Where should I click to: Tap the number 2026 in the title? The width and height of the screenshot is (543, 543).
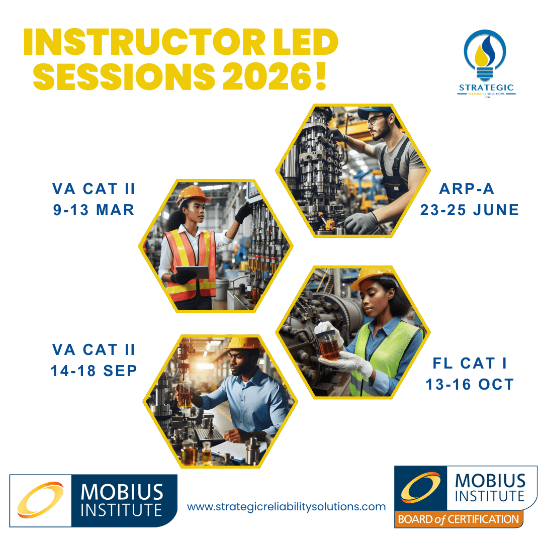(x=267, y=76)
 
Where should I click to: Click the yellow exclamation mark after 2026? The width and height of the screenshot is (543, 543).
(x=321, y=76)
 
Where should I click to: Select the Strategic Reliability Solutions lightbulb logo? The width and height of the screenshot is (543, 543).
(x=486, y=64)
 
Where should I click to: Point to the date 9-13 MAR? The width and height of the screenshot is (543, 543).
(x=94, y=210)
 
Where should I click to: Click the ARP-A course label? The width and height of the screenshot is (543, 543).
(x=467, y=189)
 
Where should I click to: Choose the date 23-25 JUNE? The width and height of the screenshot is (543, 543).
(x=469, y=210)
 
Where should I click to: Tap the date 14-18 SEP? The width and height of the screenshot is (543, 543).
(x=94, y=371)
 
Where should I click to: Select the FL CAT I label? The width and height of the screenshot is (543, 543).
(x=469, y=364)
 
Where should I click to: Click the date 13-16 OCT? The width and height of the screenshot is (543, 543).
(x=469, y=385)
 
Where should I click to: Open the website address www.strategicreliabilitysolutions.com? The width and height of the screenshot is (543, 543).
(x=287, y=507)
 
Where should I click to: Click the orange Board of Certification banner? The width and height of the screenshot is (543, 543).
(x=459, y=519)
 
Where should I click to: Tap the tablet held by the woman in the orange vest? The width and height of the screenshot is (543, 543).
(x=193, y=272)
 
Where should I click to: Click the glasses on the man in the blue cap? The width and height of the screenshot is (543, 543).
(x=375, y=120)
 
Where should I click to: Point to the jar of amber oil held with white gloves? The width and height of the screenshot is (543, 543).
(x=329, y=346)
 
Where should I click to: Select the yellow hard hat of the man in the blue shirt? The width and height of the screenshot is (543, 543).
(x=245, y=343)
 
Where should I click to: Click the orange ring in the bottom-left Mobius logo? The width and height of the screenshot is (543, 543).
(x=41, y=500)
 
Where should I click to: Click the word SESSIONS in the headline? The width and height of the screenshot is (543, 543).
(x=124, y=76)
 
